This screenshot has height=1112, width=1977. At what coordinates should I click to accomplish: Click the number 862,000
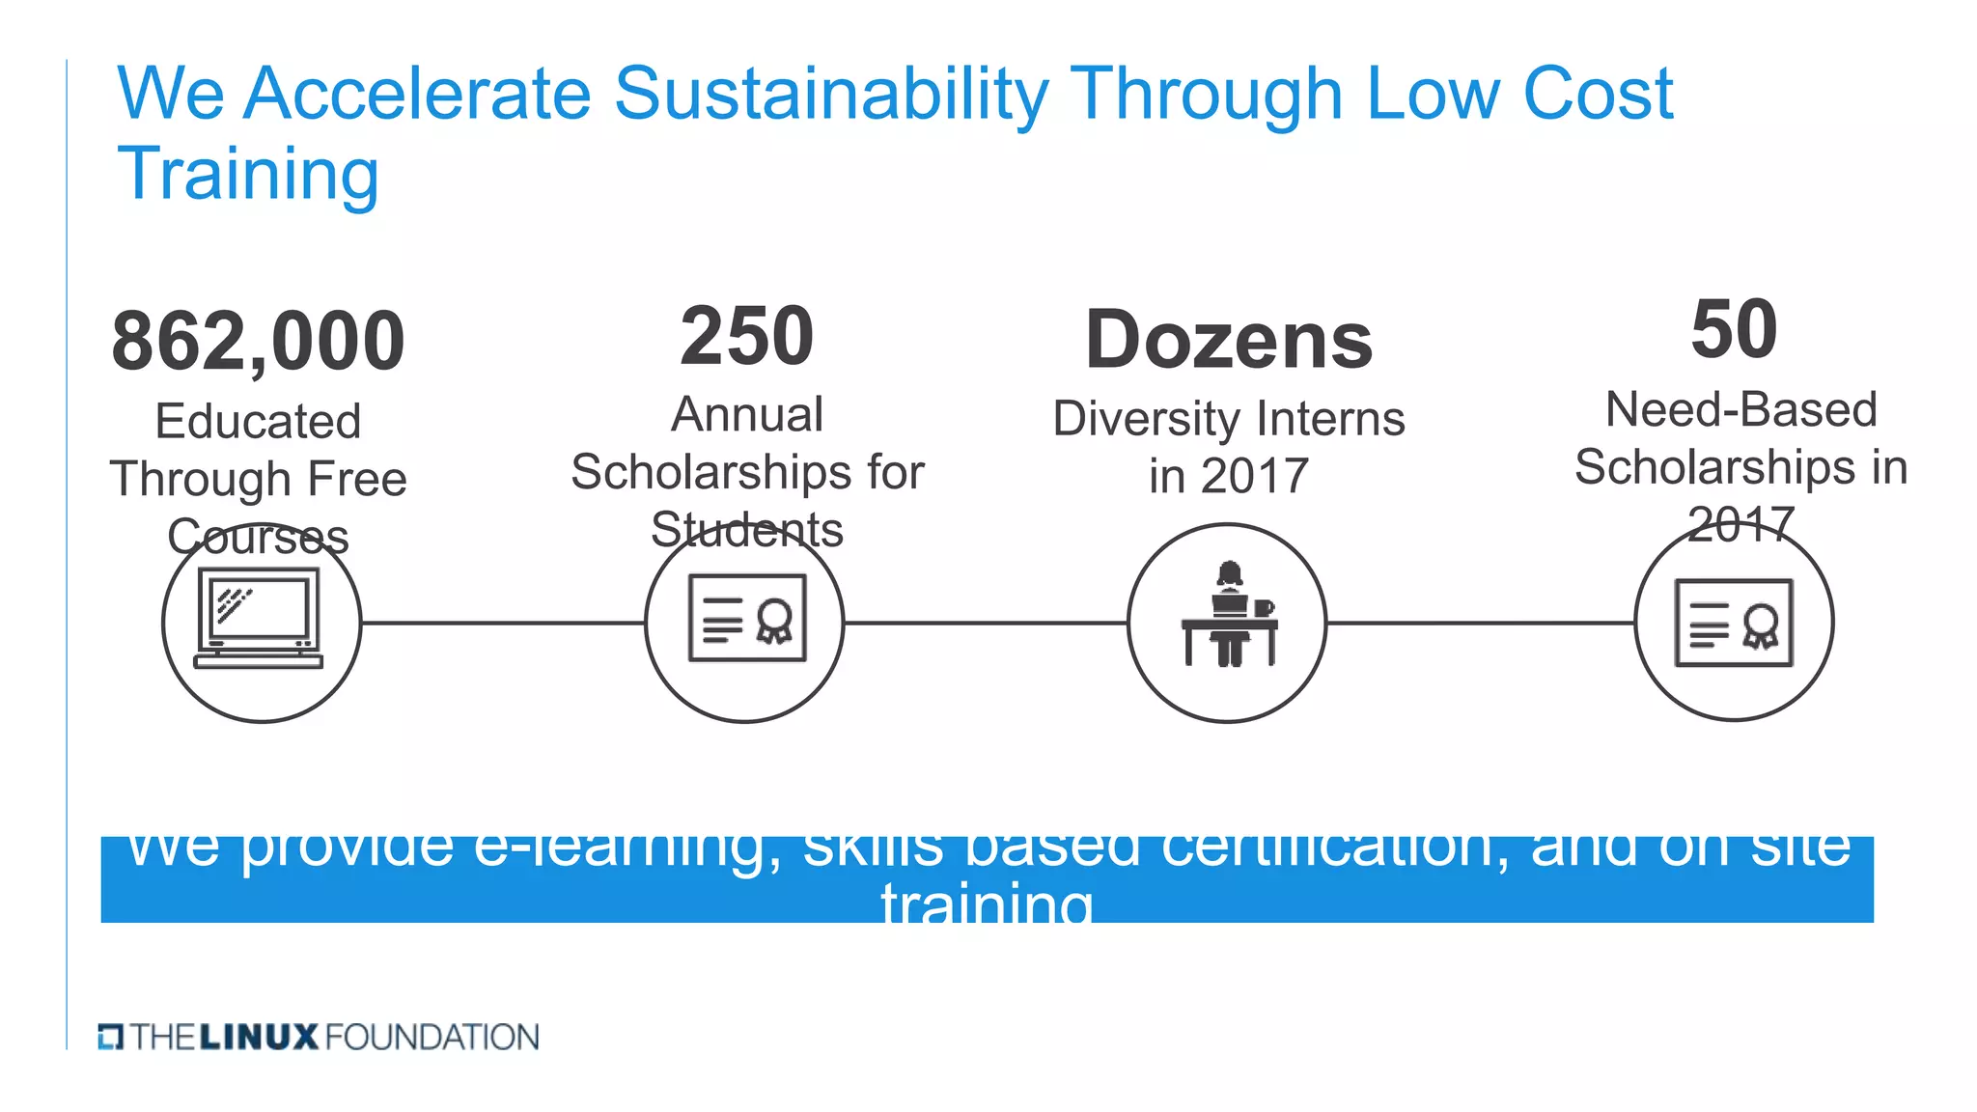tap(258, 342)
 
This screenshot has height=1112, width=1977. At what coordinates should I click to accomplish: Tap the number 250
tap(747, 336)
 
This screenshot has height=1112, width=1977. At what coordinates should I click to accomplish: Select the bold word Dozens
tap(1229, 341)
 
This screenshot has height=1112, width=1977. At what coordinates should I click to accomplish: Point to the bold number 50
tap(1734, 329)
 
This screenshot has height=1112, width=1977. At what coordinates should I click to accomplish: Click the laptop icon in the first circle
tap(259, 619)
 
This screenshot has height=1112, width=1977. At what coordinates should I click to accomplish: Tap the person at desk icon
tap(1228, 616)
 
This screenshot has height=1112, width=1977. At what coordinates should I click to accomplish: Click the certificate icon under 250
tap(747, 619)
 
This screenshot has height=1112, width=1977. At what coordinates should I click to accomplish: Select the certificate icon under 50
tap(1734, 623)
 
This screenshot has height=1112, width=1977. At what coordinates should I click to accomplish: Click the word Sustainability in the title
tap(831, 95)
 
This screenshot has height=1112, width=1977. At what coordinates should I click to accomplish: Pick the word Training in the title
tap(248, 175)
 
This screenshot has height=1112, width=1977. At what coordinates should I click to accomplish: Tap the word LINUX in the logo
tap(259, 1038)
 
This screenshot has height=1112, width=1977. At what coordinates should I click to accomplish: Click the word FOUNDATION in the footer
tap(432, 1038)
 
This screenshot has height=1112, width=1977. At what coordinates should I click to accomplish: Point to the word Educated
tap(258, 422)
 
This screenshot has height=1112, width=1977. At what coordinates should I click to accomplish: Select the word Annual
tap(747, 415)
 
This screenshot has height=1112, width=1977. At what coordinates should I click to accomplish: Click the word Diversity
tap(1146, 420)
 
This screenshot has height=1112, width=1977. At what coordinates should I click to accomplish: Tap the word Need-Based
tap(1740, 410)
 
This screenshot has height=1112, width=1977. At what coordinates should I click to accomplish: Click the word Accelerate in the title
tap(417, 95)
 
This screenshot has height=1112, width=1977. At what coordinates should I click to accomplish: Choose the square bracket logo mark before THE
tap(110, 1038)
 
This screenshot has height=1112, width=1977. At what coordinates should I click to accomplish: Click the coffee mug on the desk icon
tap(1263, 608)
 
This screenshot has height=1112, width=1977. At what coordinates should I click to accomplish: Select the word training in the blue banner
tap(987, 905)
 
